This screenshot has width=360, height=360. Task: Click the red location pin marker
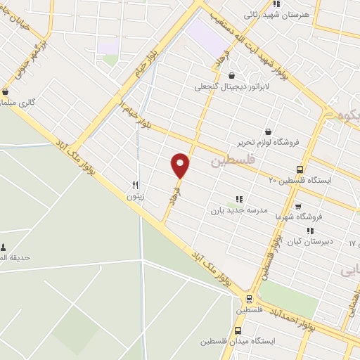point(181,165)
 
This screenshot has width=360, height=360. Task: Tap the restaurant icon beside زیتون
point(135,186)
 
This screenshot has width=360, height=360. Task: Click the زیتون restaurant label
point(135,197)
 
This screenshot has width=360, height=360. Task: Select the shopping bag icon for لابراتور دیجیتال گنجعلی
point(231,76)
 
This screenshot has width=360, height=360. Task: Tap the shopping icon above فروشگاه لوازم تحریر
point(268,131)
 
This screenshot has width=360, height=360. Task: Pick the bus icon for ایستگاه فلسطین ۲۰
point(300,169)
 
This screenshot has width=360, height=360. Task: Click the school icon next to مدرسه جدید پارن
point(239,199)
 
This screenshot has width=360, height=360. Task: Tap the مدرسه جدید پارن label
point(236,210)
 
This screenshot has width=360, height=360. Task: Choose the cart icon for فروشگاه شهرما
point(298,207)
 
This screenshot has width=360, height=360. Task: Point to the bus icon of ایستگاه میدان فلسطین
point(238,330)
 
